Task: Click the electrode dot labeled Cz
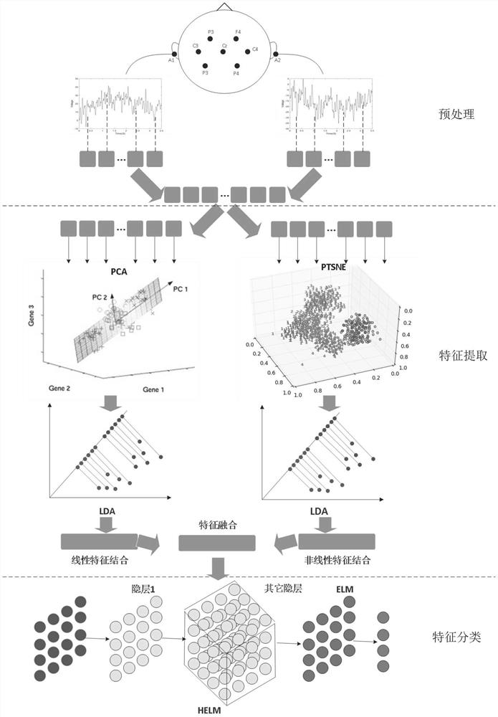point(224,53)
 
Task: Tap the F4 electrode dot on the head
point(236,39)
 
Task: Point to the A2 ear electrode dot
point(275,54)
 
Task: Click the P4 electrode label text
point(236,73)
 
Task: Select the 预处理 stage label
point(454,114)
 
